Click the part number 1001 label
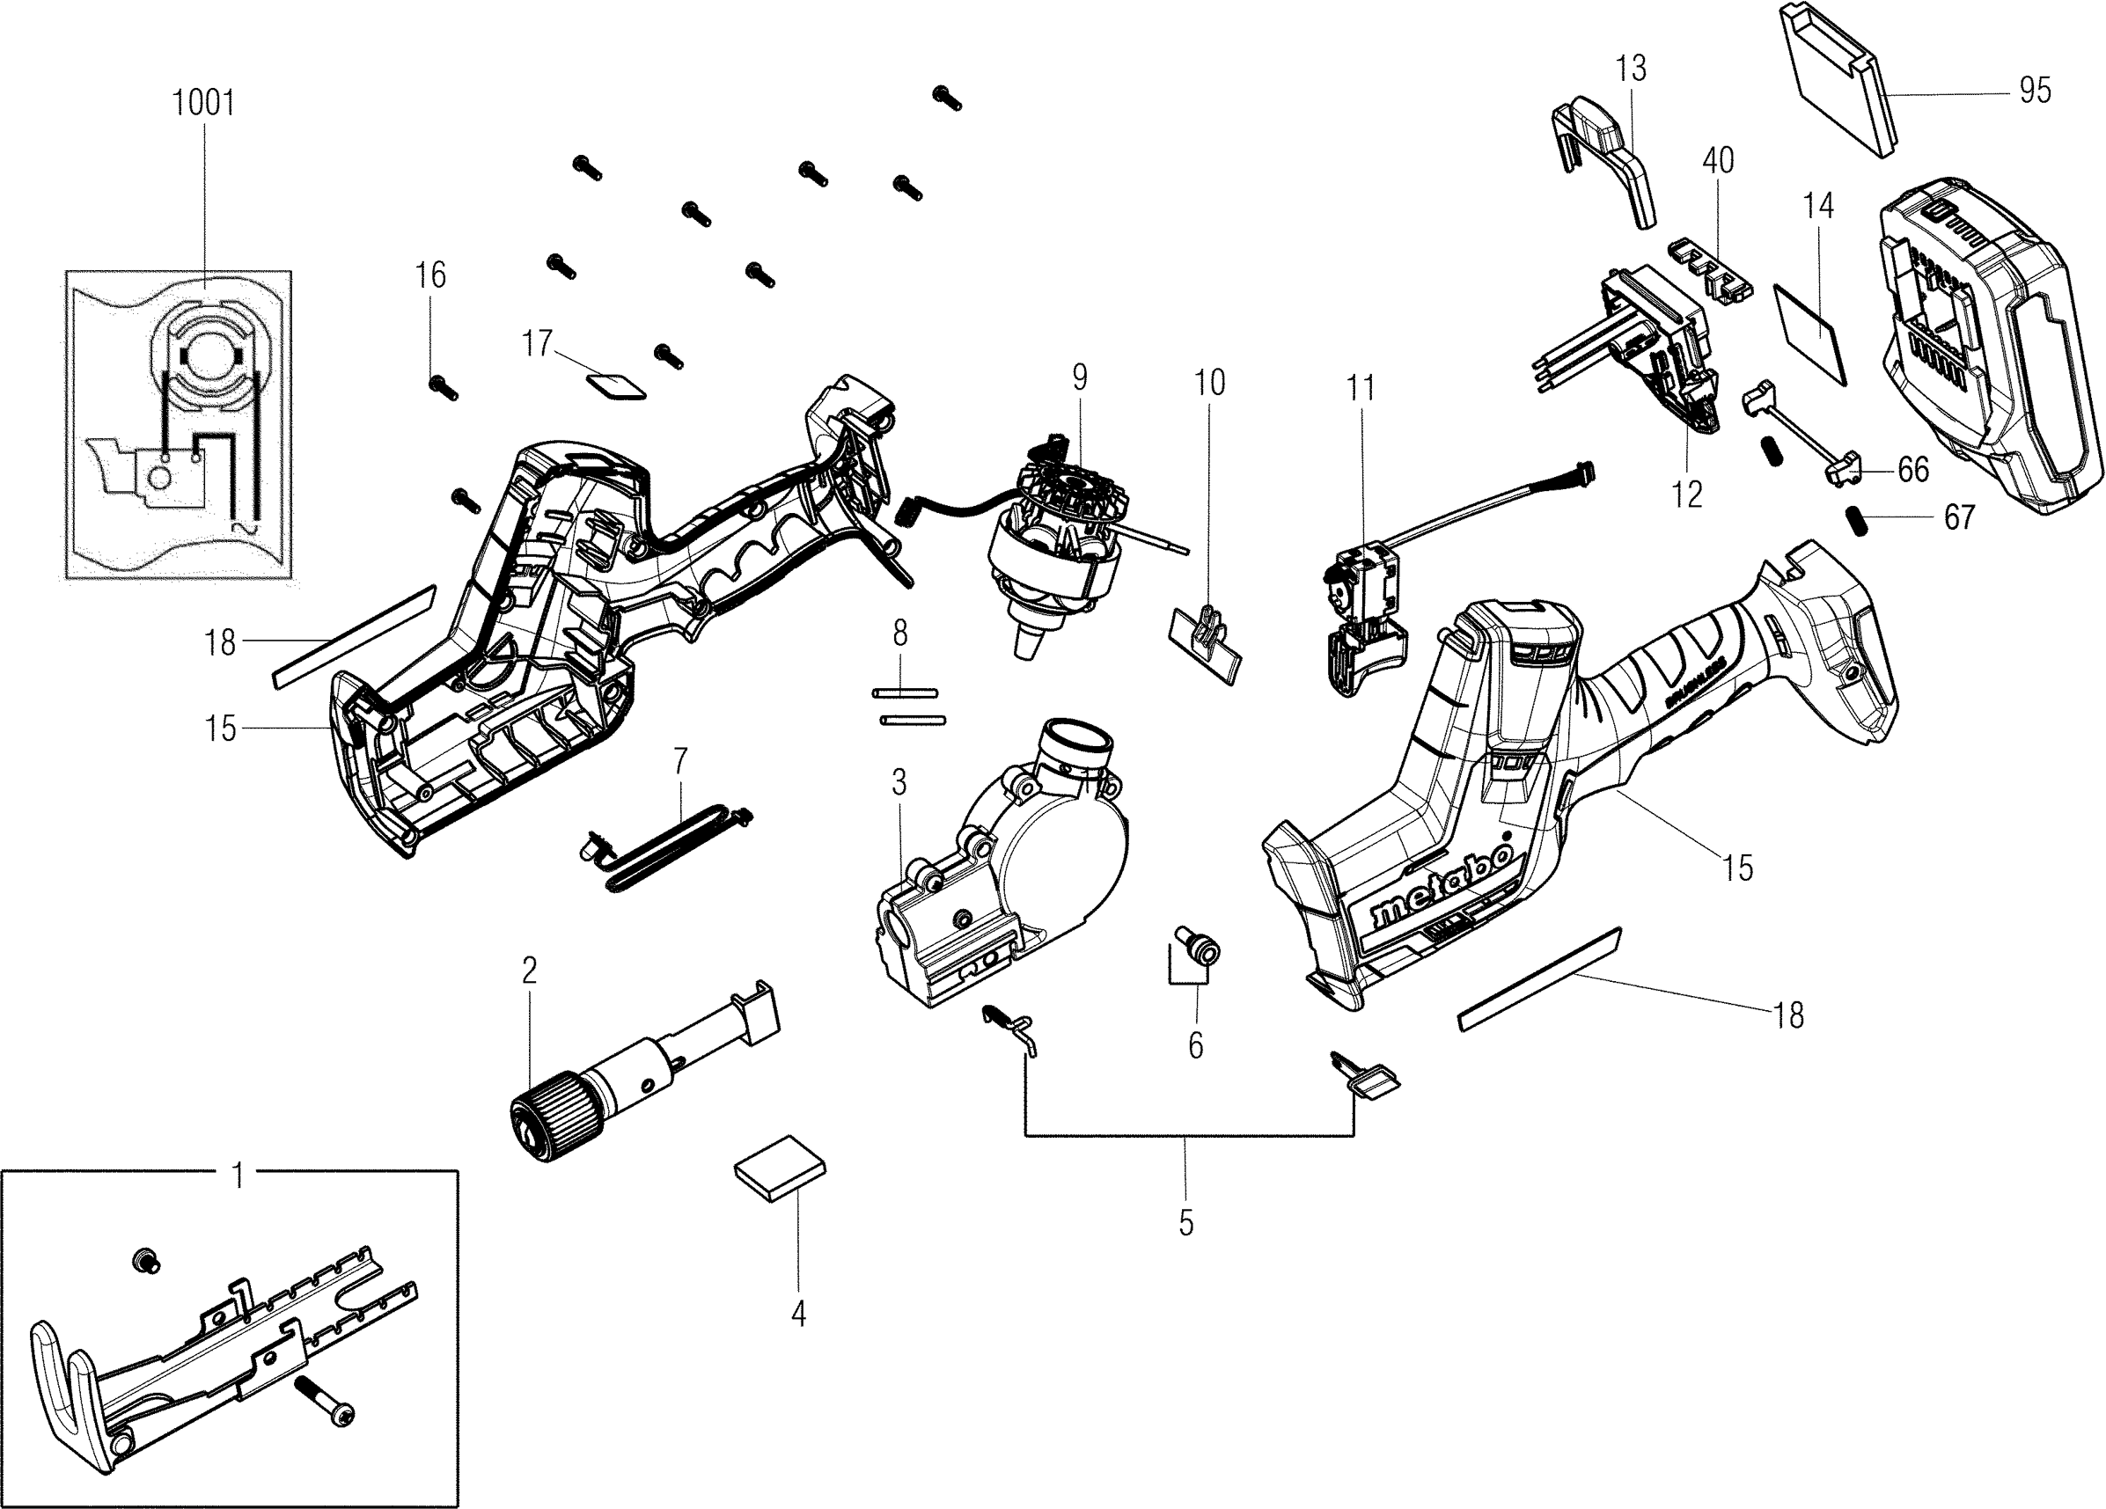pyautogui.click(x=204, y=103)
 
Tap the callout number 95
pyautogui.click(x=2035, y=90)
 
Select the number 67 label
pyautogui.click(x=1960, y=517)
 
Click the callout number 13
pyautogui.click(x=1631, y=68)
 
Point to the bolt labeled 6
pyautogui.click(x=1198, y=949)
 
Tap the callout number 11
pyautogui.click(x=1361, y=388)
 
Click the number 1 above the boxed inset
pyautogui.click(x=238, y=1176)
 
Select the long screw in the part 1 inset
pyautogui.click(x=325, y=1402)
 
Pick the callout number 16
pyautogui.click(x=430, y=275)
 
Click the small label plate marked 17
pyautogui.click(x=618, y=385)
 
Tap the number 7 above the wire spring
pyautogui.click(x=679, y=760)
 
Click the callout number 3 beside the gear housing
pyautogui.click(x=899, y=783)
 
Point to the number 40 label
pyautogui.click(x=1718, y=161)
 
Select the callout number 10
pyautogui.click(x=1209, y=383)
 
